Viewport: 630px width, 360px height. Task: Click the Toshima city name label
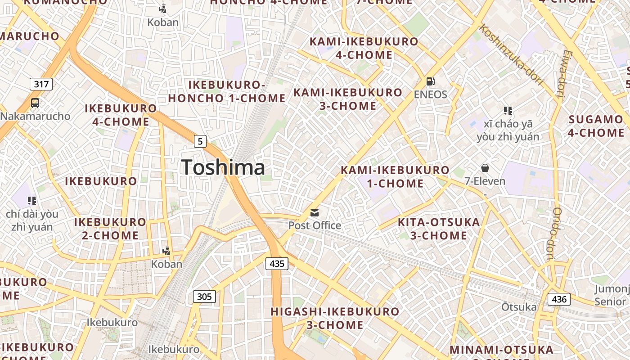click(x=223, y=167)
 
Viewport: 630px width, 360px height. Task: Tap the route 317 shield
click(x=41, y=84)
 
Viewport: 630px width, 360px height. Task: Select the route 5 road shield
click(x=200, y=141)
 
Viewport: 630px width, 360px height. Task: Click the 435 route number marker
click(x=277, y=263)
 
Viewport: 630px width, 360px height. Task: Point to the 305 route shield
click(x=205, y=297)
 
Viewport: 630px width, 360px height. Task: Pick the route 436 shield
click(x=559, y=299)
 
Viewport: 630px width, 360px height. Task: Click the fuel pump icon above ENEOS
click(x=431, y=81)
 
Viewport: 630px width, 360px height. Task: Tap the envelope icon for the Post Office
click(x=315, y=212)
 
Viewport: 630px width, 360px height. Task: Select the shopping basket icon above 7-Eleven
click(x=485, y=168)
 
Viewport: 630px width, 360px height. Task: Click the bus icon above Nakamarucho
click(x=35, y=103)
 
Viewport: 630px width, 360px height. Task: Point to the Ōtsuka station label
click(x=519, y=307)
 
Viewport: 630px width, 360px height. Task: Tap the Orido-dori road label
click(x=553, y=234)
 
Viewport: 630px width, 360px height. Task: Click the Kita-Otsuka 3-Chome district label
click(x=439, y=229)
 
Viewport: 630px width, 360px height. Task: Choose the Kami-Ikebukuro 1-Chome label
click(x=395, y=177)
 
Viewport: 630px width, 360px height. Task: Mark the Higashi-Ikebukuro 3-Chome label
click(x=335, y=318)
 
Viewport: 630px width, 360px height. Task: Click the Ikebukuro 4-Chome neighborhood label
click(x=121, y=115)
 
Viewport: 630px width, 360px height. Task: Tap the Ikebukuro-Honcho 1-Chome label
click(x=227, y=91)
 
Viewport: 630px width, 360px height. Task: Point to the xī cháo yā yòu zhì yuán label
click(x=508, y=130)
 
